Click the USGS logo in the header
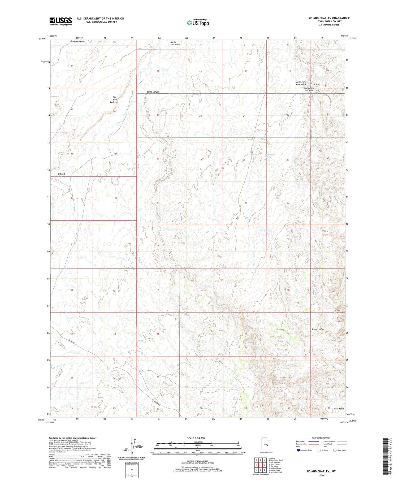tap(60, 21)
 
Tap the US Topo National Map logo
tap(198, 23)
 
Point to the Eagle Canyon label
tap(153, 92)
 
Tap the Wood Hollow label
tap(318, 329)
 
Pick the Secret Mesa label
tap(338, 409)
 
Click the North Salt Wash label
tap(175, 43)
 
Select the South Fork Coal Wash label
tap(308, 89)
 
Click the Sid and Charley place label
tap(61, 175)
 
